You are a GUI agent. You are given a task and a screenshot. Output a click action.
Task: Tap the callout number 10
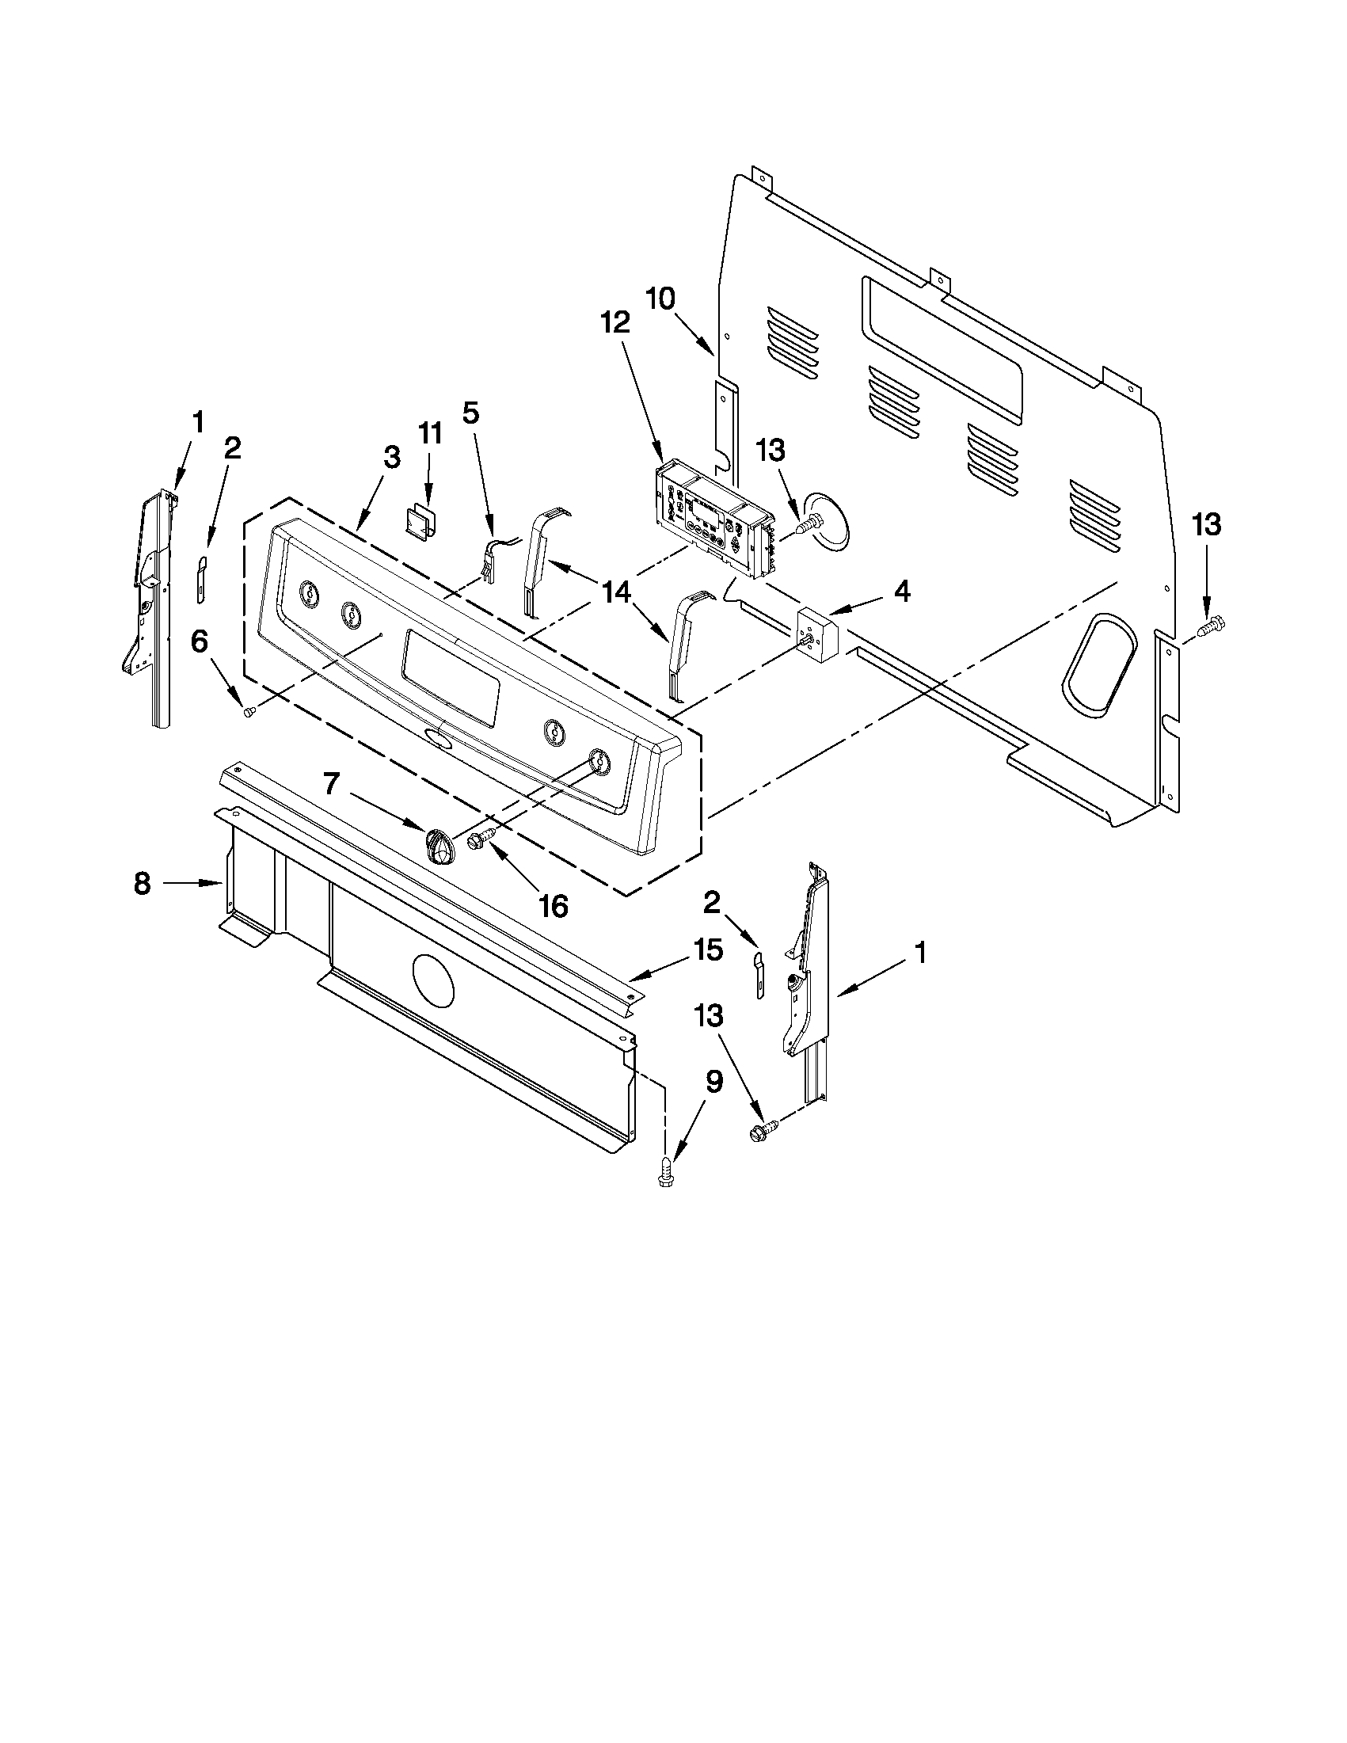tap(660, 299)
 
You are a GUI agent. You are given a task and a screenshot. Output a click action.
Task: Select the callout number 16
tap(554, 905)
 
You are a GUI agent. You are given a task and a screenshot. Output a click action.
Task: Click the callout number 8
tap(142, 883)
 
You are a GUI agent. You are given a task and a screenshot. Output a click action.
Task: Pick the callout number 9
tap(713, 1083)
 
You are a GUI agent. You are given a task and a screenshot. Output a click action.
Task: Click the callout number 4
tap(901, 592)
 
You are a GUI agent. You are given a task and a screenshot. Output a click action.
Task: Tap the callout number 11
tap(430, 433)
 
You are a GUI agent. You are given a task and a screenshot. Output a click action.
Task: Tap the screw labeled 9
tap(663, 1178)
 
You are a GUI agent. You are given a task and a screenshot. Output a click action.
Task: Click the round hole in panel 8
tap(432, 979)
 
